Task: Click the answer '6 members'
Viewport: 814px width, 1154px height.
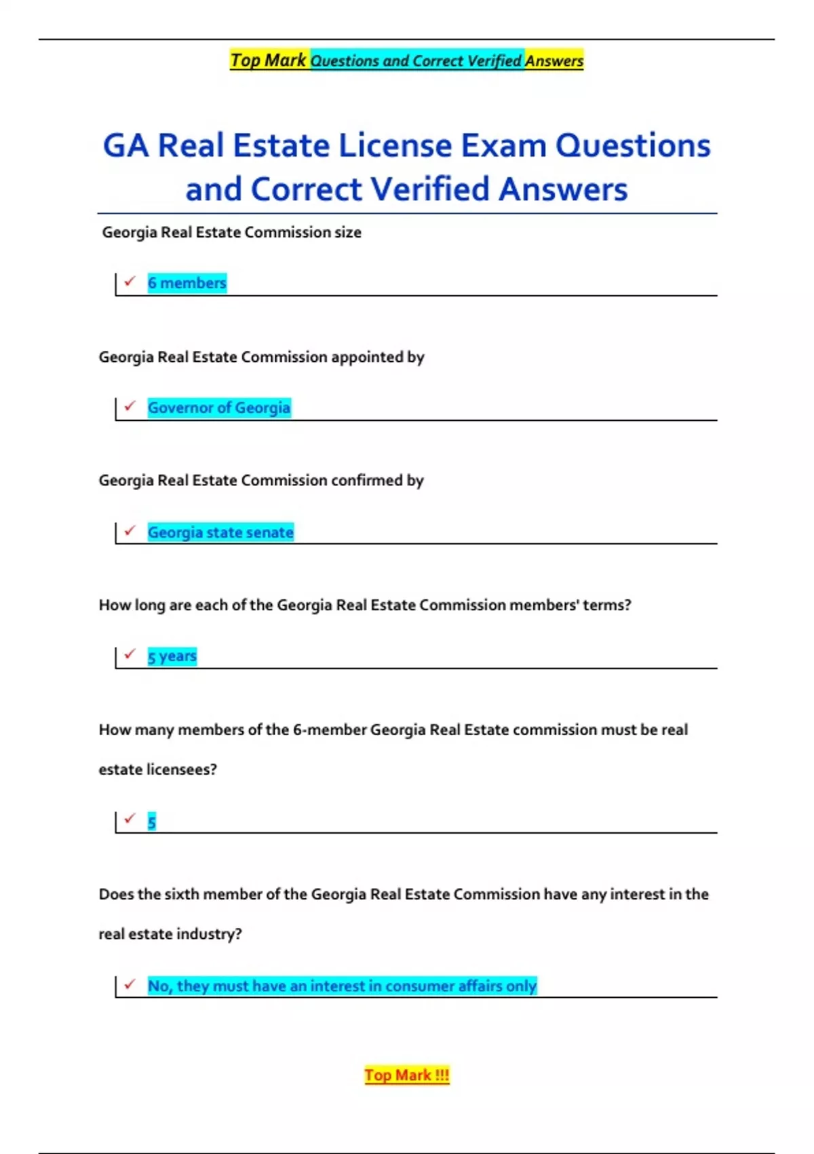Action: pos(187,282)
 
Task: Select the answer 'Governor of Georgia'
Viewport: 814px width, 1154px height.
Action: pos(219,407)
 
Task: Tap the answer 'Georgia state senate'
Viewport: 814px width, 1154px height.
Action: pos(220,532)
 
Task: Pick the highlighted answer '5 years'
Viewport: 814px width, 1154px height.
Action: pos(172,656)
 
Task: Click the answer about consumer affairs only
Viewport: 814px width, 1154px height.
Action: pos(342,986)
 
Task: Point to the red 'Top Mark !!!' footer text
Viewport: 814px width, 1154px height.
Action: pos(407,1075)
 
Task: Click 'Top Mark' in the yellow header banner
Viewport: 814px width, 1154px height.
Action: pos(269,60)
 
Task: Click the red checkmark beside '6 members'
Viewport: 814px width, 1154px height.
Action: pos(130,280)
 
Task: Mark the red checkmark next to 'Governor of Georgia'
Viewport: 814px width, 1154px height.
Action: pos(130,405)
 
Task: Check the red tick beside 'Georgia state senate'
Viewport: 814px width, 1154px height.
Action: pos(130,530)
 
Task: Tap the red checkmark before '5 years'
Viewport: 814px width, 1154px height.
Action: pos(130,654)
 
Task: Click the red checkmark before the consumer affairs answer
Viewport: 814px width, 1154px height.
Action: pos(130,984)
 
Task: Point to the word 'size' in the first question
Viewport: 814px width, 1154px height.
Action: pos(348,232)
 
